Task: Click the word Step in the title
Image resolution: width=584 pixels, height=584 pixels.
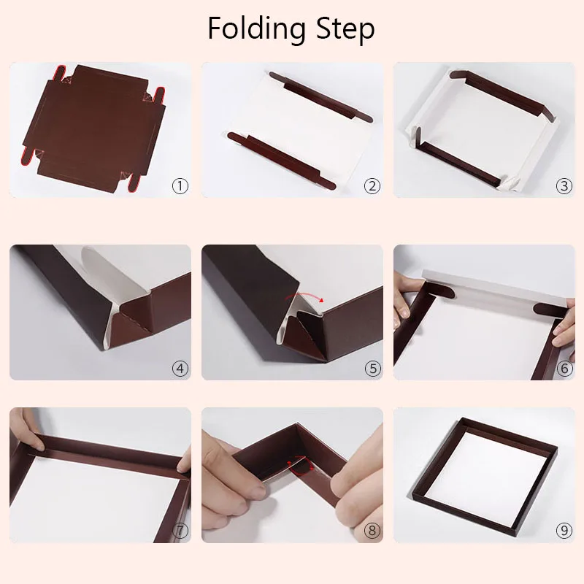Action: point(345,29)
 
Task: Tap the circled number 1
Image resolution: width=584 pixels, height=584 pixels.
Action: point(180,185)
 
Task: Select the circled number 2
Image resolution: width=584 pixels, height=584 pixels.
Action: point(372,185)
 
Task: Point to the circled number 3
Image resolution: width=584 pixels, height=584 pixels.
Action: point(564,185)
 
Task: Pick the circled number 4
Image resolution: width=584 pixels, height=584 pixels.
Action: point(180,369)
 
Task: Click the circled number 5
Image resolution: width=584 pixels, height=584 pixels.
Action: point(372,369)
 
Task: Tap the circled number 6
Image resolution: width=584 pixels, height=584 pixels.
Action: point(564,369)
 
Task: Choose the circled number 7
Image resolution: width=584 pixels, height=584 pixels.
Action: point(180,531)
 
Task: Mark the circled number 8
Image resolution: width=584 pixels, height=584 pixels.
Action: point(372,531)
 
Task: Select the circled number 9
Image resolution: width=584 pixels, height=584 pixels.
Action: point(564,531)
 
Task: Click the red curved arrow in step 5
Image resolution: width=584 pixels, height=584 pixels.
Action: point(304,295)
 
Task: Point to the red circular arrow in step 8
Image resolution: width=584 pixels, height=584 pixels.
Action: point(301,466)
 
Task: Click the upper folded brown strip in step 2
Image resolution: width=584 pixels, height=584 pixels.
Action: point(320,98)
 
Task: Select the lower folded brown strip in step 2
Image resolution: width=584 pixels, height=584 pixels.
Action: point(282,159)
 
